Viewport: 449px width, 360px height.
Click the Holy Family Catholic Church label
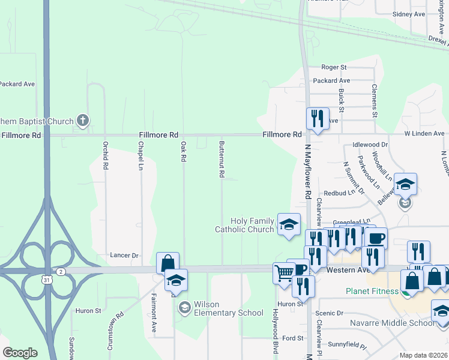tap(244, 225)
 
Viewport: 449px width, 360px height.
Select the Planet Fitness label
tap(372, 292)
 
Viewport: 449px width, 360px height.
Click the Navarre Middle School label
tap(393, 323)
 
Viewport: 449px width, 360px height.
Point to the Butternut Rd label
tap(221, 159)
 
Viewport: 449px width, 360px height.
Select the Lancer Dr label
tap(125, 255)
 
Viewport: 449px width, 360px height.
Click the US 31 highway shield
tap(46, 280)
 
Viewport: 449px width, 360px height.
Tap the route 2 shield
tap(61, 272)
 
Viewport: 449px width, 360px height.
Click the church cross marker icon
tap(83, 121)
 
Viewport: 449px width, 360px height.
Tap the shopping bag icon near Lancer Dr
tap(167, 262)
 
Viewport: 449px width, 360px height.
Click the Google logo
tap(20, 353)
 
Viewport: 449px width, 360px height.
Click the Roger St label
tap(334, 67)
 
